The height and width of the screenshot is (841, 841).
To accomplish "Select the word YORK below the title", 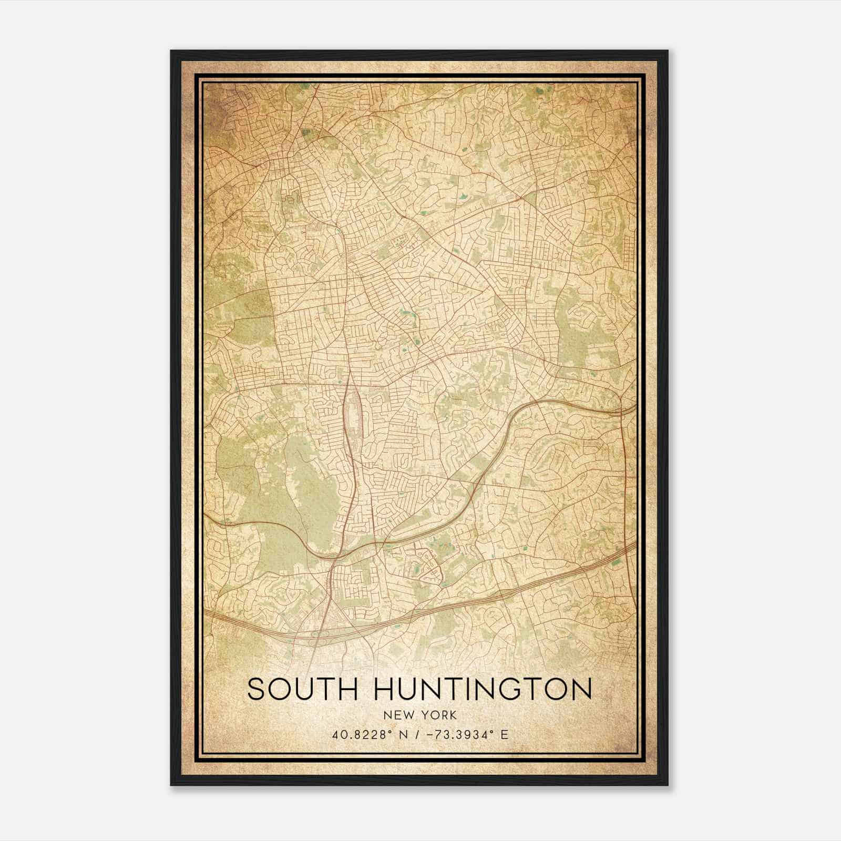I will pyautogui.click(x=440, y=715).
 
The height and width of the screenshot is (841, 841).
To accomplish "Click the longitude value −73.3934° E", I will pyautogui.click(x=464, y=735).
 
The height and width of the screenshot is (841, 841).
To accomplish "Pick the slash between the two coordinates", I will pyautogui.click(x=416, y=735).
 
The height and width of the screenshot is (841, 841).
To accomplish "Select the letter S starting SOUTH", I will pyautogui.click(x=255, y=690).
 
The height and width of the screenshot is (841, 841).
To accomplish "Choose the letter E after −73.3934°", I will pyautogui.click(x=505, y=735).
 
